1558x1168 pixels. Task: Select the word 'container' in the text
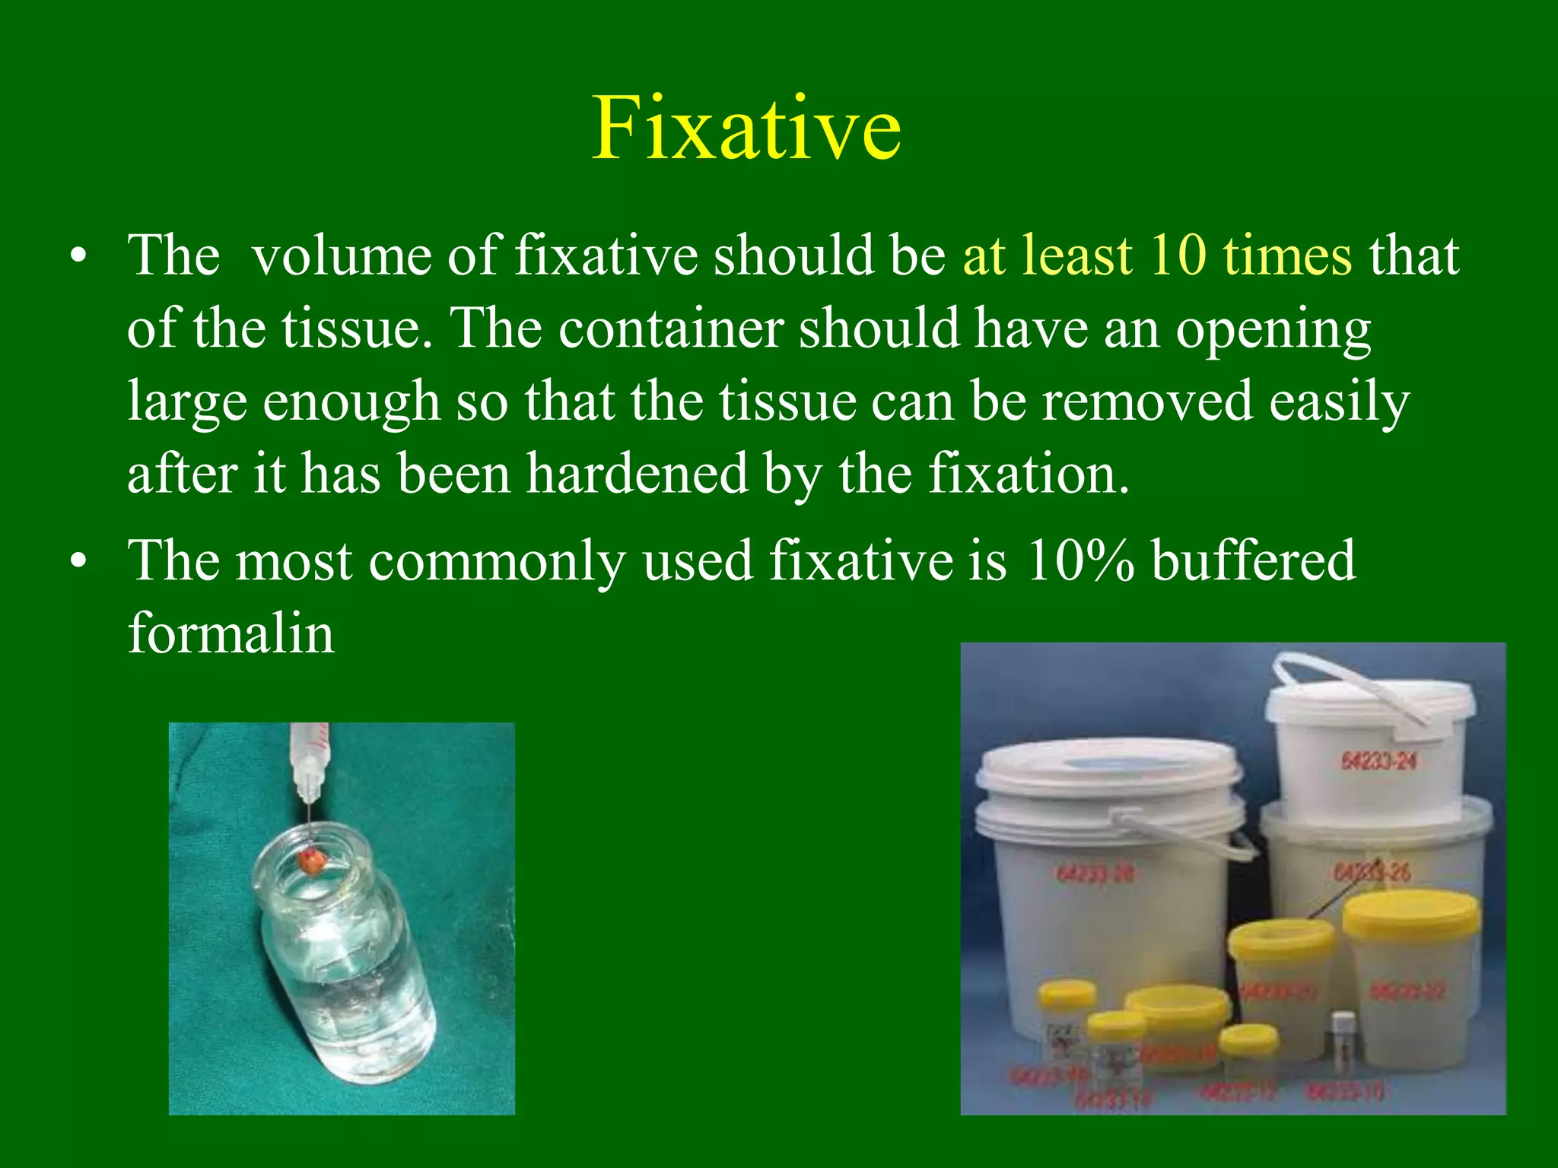tap(671, 328)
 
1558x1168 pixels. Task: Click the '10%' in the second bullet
tap(1080, 560)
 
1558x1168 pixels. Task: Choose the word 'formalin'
tap(231, 633)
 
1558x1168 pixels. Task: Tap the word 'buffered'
tap(1253, 560)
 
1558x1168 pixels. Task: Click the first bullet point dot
tap(78, 256)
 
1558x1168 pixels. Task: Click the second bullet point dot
tap(78, 562)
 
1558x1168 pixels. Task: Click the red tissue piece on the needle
tap(313, 862)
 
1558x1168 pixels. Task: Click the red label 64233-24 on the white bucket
tap(1378, 760)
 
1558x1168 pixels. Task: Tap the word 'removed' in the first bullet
tap(1146, 401)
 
